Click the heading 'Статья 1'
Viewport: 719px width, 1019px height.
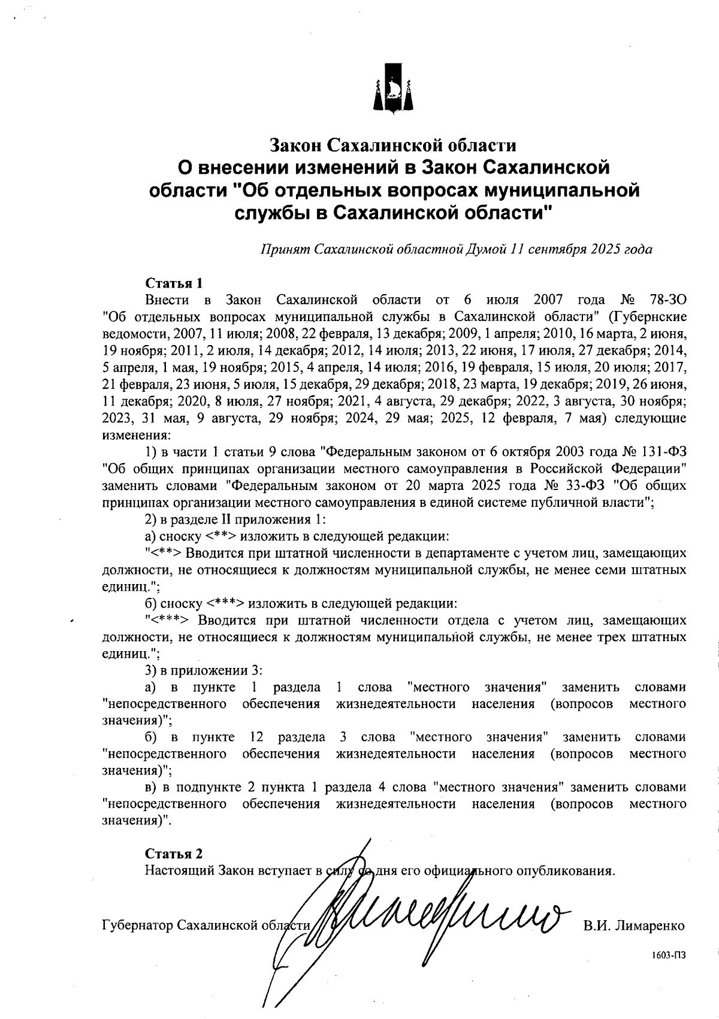(174, 282)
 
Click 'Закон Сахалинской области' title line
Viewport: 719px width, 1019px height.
(392, 146)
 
